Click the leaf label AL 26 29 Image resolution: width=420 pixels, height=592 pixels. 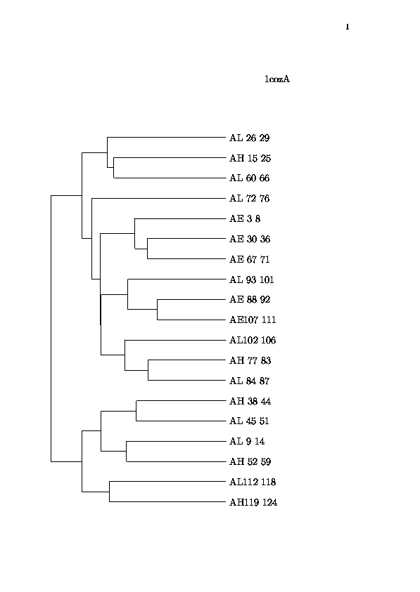coord(249,138)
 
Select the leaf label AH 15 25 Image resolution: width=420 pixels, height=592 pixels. coord(250,158)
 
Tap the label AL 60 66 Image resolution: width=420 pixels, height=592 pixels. coord(249,178)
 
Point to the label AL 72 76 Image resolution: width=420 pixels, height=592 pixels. coord(249,198)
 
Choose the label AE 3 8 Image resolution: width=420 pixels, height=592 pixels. coord(245,218)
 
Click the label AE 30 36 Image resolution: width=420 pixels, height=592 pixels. coord(250,239)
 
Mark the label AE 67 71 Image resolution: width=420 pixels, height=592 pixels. coord(249,259)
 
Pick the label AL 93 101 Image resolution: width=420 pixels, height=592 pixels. coord(252,279)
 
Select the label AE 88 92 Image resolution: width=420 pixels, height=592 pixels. coord(250,299)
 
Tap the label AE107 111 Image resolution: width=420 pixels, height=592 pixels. coord(253,320)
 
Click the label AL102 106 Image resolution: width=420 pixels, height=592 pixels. coord(253,340)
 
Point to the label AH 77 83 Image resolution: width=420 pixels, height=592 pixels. coord(250,360)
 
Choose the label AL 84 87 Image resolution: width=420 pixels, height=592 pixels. coord(249,381)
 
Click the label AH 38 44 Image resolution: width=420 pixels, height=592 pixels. coord(250,401)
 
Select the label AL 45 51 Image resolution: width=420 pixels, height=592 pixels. coord(249,421)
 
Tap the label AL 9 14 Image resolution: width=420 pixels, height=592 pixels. coord(247,441)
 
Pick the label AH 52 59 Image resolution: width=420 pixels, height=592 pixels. coord(250,461)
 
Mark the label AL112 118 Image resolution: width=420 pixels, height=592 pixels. coord(253,482)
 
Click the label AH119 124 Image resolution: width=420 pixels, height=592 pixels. coord(253,503)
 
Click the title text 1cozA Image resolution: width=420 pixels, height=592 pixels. coord(277,79)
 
